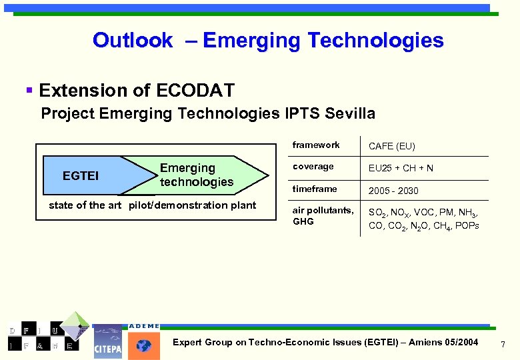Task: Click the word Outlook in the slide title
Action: tap(133, 41)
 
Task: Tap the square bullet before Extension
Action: tap(29, 89)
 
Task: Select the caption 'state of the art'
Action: tap(85, 205)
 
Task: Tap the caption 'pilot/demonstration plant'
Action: tap(192, 205)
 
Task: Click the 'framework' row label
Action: tap(316, 145)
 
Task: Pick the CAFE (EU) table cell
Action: tap(392, 146)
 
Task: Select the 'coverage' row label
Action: tap(313, 167)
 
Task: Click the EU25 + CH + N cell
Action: tap(401, 168)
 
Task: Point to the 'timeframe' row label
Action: tap(315, 189)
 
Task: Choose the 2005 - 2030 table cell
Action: tap(393, 191)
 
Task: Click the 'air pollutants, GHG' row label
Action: tap(323, 215)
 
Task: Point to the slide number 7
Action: tap(503, 345)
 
